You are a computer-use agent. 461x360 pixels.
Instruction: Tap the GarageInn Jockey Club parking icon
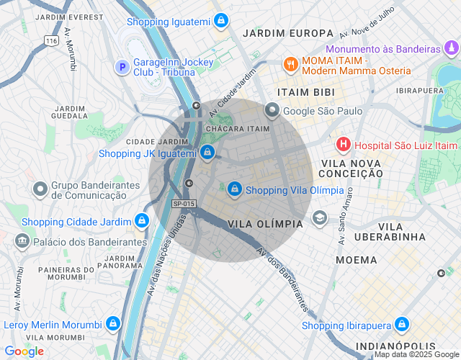click(x=122, y=67)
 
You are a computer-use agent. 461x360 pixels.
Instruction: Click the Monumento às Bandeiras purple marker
click(x=451, y=49)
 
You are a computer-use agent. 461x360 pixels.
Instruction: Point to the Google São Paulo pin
click(x=272, y=111)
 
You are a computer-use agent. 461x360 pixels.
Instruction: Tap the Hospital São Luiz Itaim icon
click(x=344, y=145)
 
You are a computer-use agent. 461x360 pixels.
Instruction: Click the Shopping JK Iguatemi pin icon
click(x=207, y=153)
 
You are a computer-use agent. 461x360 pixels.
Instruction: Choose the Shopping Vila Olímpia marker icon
click(x=234, y=189)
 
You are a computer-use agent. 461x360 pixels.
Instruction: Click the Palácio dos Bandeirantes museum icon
click(x=22, y=240)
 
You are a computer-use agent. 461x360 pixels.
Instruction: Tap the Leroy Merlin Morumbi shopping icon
click(x=112, y=324)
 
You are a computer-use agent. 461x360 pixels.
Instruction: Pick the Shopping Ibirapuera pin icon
click(x=402, y=325)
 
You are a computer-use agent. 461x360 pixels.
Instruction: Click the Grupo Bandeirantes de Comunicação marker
click(x=40, y=189)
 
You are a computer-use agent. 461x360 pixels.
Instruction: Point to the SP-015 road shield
click(x=184, y=204)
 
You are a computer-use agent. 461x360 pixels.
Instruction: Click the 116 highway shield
click(x=50, y=41)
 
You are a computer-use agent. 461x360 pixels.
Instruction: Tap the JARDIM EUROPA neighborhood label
click(x=288, y=33)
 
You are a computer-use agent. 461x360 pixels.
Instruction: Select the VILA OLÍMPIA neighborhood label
click(x=265, y=224)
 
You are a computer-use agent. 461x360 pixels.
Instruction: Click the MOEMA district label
click(x=356, y=259)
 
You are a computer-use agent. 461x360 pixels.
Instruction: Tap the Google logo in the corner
click(x=23, y=351)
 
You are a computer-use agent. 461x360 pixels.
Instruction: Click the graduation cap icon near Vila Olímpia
click(x=319, y=217)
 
